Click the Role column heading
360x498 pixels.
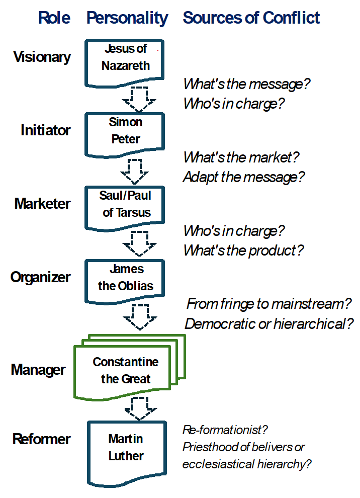click(54, 18)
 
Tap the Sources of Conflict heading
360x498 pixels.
click(251, 18)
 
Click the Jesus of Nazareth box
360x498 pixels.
click(125, 63)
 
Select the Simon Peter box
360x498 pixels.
click(125, 135)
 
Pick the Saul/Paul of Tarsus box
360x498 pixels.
click(125, 208)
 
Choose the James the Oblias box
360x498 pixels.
click(125, 281)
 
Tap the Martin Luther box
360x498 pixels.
click(127, 454)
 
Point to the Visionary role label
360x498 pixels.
click(42, 57)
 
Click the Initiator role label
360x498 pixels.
click(45, 130)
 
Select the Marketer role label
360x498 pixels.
click(42, 204)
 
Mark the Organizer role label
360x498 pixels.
click(40, 277)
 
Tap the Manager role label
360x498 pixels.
click(38, 370)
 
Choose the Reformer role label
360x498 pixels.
click(41, 439)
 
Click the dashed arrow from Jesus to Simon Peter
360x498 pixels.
click(139, 99)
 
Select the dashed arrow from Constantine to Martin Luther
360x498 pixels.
click(141, 408)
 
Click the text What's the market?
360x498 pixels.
click(241, 157)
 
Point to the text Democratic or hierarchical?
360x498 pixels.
click(269, 324)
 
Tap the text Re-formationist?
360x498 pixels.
click(225, 430)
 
